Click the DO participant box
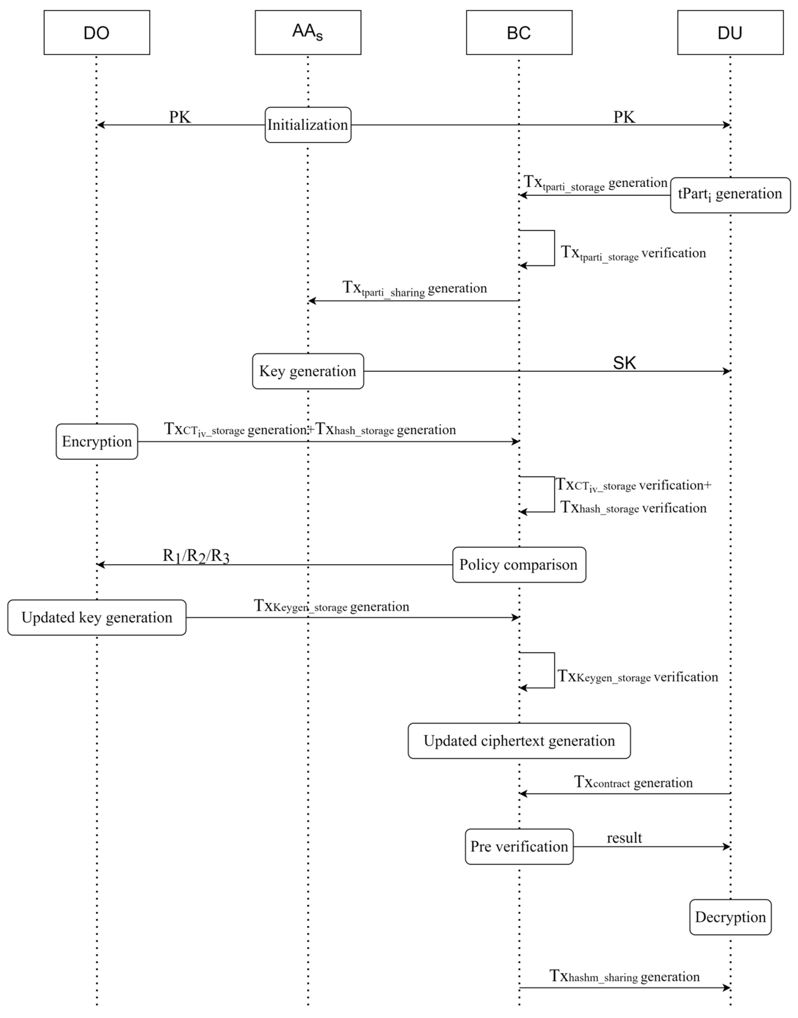97,33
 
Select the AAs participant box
308,33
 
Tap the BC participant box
519,33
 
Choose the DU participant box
730,33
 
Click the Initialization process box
308,125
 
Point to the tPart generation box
730,195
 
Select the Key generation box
308,371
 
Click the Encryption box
97,442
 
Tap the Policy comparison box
519,565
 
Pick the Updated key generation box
97,618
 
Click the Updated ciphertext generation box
519,741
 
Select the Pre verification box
519,846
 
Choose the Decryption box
730,917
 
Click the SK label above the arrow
624,363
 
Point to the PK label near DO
180,117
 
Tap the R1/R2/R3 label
196,556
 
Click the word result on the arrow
624,838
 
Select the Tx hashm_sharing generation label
624,977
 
